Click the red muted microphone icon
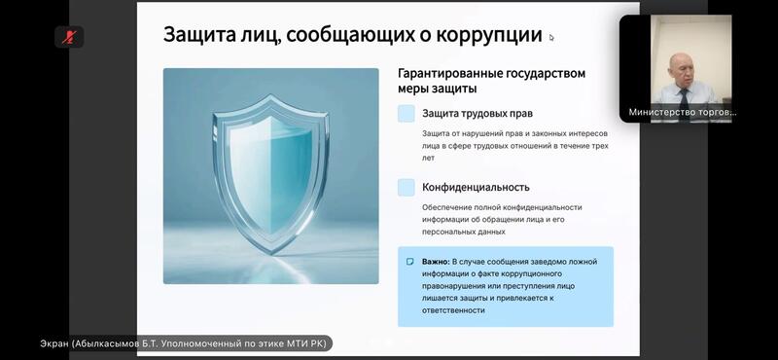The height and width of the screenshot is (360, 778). point(69,37)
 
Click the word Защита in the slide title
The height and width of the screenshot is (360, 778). point(197,36)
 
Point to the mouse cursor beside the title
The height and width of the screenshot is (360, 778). point(551,37)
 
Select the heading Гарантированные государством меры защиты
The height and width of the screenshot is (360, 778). point(492,81)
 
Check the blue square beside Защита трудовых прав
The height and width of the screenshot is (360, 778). point(407,113)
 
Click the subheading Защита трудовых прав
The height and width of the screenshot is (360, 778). point(477,113)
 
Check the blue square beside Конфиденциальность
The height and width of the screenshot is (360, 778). point(407,187)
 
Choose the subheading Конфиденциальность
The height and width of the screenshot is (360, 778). point(476,187)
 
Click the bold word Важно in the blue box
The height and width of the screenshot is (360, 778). point(436,261)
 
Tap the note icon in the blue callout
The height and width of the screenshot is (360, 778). point(409,261)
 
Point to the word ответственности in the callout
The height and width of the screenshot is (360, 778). point(453,309)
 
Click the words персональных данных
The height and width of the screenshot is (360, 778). point(464,232)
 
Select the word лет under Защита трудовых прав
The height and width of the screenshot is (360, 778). point(428,158)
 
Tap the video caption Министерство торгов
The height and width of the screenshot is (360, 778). point(683,112)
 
